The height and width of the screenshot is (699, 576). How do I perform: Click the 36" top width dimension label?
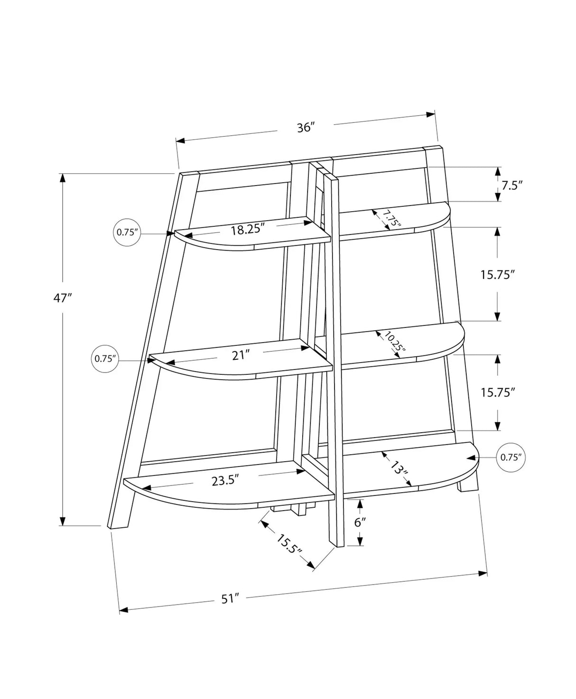tap(306, 128)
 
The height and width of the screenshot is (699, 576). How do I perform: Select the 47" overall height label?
tap(62, 298)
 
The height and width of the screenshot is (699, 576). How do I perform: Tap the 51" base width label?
tap(229, 599)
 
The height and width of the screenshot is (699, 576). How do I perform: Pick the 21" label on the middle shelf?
tap(241, 354)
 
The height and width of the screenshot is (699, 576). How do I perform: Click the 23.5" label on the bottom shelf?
tap(224, 480)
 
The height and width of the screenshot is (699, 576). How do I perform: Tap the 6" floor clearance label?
tap(361, 522)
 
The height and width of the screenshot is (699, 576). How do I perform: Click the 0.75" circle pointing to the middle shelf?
tap(105, 359)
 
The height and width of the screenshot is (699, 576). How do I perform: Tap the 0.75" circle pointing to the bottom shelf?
tap(511, 457)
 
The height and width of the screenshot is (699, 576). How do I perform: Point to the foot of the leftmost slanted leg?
tap(119, 526)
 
